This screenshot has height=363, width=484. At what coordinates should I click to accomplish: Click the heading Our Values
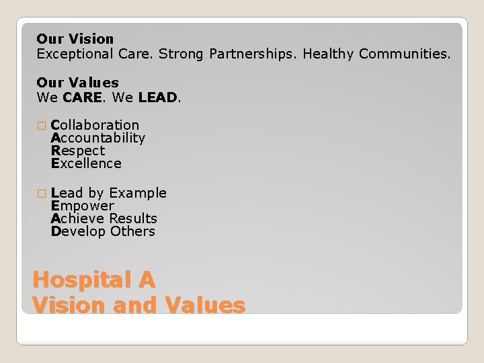[x=77, y=83]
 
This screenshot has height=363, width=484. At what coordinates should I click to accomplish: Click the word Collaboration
[x=95, y=125]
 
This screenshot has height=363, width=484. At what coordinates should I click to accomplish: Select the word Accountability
[x=98, y=138]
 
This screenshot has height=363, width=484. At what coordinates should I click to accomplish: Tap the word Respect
[x=78, y=151]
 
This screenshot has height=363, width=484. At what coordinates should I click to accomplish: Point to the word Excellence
[x=86, y=163]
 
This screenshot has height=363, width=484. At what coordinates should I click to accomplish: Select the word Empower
[x=83, y=206]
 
